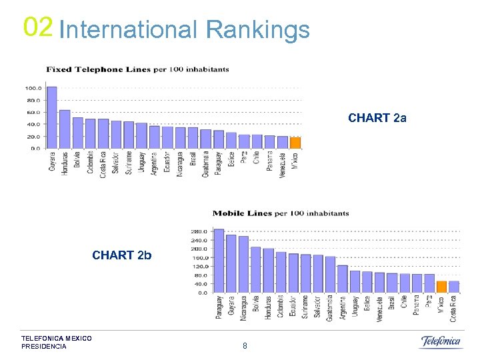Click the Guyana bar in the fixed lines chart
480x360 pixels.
point(51,117)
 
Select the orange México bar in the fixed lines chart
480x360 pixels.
point(295,143)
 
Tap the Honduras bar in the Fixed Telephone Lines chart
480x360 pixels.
point(65,129)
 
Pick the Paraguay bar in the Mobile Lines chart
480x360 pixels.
point(219,261)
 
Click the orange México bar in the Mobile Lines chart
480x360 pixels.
point(441,287)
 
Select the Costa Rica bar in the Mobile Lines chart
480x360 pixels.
point(454,287)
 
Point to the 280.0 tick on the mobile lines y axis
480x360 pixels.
point(199,231)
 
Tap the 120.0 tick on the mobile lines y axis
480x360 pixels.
point(199,266)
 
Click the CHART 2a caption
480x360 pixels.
point(377,118)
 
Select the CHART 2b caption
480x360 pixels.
point(122,255)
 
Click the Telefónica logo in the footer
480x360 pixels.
point(440,342)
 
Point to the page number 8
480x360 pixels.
point(245,345)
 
